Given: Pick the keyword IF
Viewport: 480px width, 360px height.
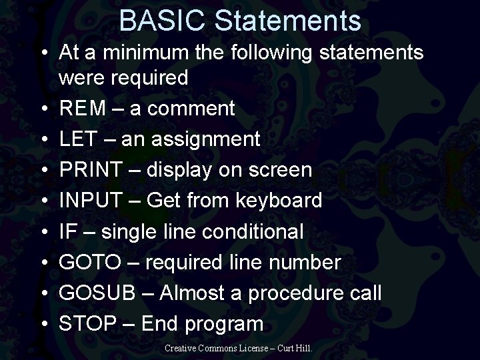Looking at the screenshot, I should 67,232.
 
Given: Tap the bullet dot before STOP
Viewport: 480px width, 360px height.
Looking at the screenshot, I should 44,325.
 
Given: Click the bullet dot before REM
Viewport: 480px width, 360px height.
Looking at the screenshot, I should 44,109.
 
